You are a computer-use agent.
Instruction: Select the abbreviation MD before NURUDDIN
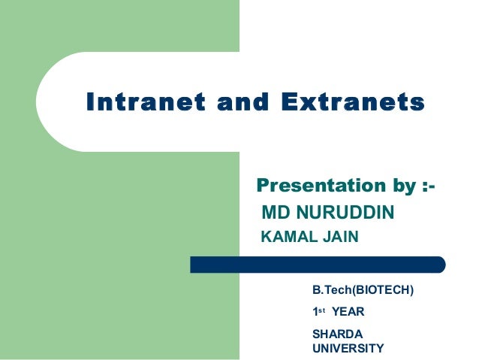(x=275, y=213)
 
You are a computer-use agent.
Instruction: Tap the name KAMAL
(x=285, y=238)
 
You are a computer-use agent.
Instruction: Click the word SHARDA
(x=333, y=334)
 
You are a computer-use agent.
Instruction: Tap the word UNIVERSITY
(x=348, y=348)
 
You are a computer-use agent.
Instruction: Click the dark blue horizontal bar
(x=315, y=265)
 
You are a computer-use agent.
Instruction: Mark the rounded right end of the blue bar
(x=441, y=265)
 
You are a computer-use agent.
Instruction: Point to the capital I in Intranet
(x=92, y=101)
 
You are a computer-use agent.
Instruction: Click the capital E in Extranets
(x=275, y=101)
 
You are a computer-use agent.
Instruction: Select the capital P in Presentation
(x=263, y=185)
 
